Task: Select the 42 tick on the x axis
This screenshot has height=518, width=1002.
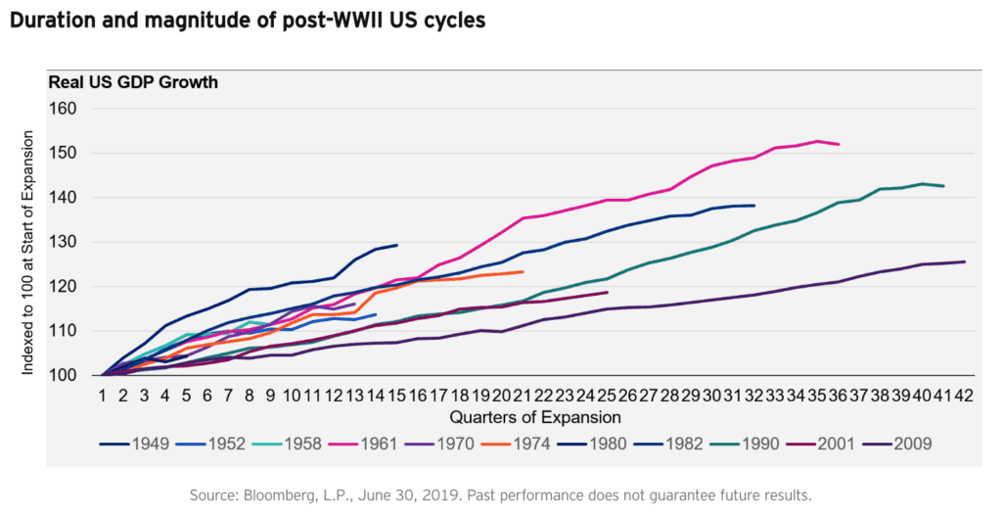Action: click(965, 396)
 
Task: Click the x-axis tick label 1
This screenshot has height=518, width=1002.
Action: click(103, 396)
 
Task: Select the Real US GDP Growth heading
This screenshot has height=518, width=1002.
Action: click(133, 82)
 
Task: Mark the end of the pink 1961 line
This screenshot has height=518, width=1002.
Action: click(839, 144)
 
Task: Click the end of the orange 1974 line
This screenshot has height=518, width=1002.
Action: click(524, 272)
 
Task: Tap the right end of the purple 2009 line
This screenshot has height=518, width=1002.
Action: click(965, 261)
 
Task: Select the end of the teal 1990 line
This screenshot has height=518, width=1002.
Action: click(943, 186)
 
